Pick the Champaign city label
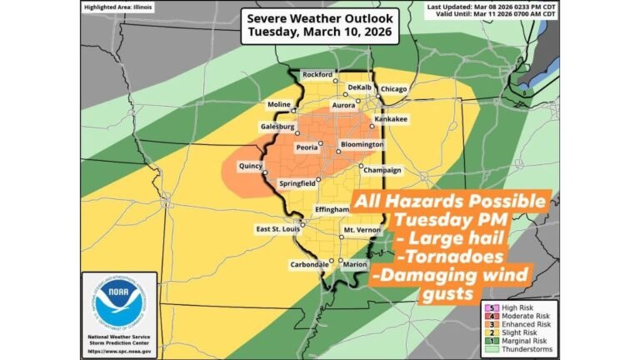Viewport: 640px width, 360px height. [382, 170]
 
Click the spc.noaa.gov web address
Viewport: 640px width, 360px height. [119, 352]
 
